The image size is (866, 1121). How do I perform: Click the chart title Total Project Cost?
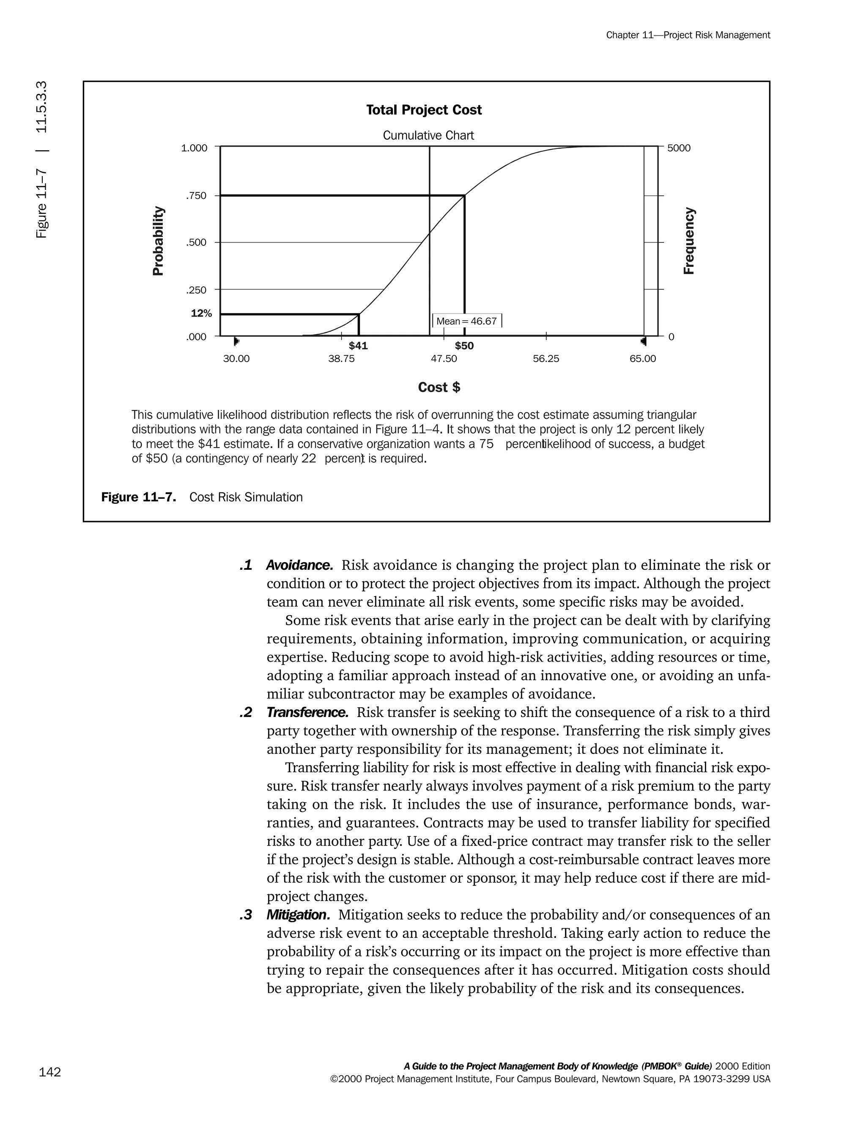tap(424, 110)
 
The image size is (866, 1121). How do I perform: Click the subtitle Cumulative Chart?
tap(428, 135)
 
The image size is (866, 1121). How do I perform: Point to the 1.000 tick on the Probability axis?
tap(194, 148)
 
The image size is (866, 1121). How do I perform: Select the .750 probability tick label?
tap(197, 195)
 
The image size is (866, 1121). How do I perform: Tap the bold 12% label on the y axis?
tap(201, 313)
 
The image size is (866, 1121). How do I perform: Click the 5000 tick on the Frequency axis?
tap(678, 148)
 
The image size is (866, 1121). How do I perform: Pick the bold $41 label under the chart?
tap(358, 346)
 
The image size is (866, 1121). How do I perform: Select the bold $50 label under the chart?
tap(464, 346)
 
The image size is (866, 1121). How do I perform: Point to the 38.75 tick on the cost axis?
tap(341, 359)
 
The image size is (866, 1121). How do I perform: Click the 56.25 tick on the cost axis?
tap(546, 359)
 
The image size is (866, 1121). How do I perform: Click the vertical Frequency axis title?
tap(689, 241)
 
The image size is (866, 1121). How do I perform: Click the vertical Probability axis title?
tap(159, 241)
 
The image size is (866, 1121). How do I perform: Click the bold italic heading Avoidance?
tap(300, 565)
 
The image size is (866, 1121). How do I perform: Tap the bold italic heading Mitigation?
tap(298, 915)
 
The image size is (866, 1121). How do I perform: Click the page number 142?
tap(50, 1072)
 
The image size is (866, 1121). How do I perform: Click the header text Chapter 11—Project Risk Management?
tap(688, 35)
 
